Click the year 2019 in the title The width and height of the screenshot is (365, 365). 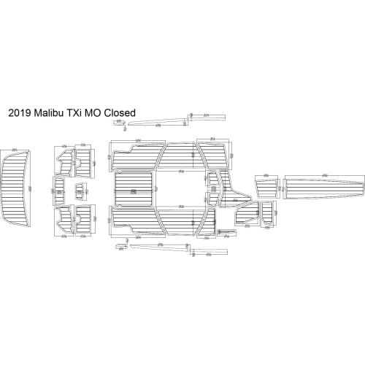pyautogui.click(x=19, y=113)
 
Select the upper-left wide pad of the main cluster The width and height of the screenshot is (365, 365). pyautogui.click(x=134, y=155)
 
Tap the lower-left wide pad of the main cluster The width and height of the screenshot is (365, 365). pyautogui.click(x=134, y=221)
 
